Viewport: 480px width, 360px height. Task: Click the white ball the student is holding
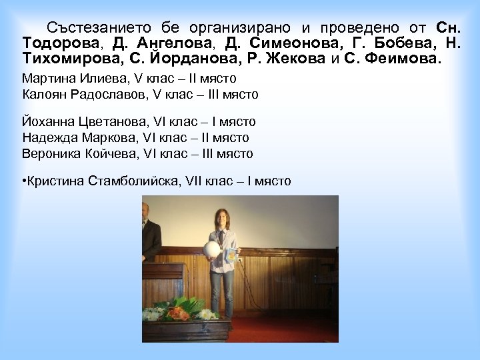coord(212,249)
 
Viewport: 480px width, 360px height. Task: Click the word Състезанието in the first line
coord(103,28)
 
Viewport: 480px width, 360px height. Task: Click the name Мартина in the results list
coord(45,79)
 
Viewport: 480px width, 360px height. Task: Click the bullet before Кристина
coord(24,181)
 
